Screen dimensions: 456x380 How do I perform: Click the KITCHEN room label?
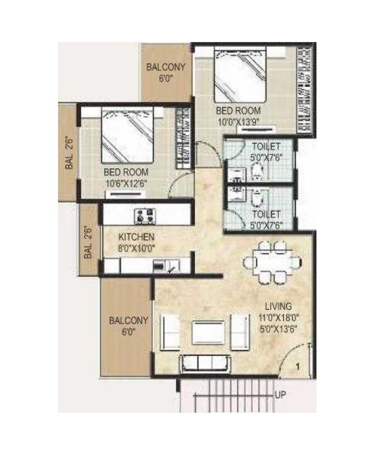click(x=136, y=237)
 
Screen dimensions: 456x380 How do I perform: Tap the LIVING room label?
click(x=278, y=305)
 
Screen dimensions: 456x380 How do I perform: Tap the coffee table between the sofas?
click(x=205, y=333)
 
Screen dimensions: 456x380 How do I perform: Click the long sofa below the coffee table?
click(x=204, y=363)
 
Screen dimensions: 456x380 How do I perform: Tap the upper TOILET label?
click(x=266, y=146)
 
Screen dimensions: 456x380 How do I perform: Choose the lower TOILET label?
click(x=266, y=214)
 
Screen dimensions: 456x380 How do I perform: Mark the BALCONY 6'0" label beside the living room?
click(x=128, y=326)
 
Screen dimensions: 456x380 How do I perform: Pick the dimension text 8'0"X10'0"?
click(x=137, y=247)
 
